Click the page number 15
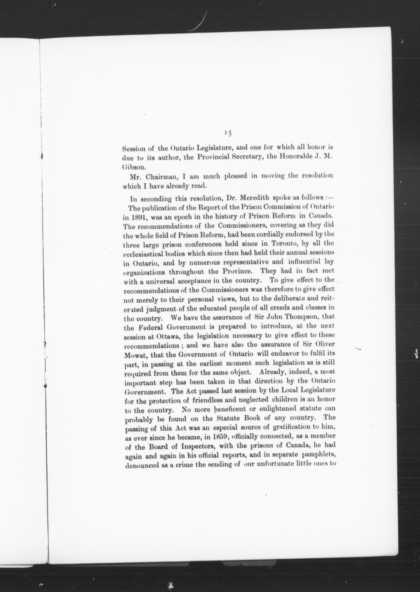pyautogui.click(x=228, y=133)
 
